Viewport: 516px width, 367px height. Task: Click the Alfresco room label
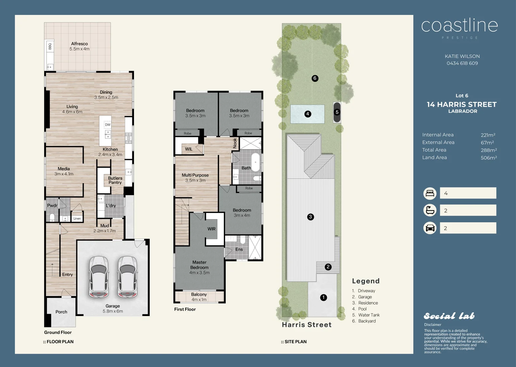point(80,44)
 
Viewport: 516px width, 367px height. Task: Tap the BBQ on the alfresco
point(50,47)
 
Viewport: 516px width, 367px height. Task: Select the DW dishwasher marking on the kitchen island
point(107,124)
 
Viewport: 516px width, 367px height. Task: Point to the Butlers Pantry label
point(115,180)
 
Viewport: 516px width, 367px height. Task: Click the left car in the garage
point(99,277)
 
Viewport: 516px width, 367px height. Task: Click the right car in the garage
point(128,277)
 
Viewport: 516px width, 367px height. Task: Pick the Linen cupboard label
point(77,219)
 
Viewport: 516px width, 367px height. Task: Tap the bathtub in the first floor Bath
point(255,162)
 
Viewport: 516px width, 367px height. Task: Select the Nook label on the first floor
point(235,143)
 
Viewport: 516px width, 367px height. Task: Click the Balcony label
point(199,294)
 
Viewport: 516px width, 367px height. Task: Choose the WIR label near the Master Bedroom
point(212,229)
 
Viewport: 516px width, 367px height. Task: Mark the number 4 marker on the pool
point(308,114)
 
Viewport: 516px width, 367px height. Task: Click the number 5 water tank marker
point(337,112)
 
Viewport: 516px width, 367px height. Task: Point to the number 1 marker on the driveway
point(323,298)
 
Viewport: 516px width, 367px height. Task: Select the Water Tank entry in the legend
point(369,315)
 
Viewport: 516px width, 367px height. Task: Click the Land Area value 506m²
point(488,158)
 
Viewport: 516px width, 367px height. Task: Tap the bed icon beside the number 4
point(430,193)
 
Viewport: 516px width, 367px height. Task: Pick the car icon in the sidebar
point(430,228)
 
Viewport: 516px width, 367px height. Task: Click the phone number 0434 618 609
point(462,63)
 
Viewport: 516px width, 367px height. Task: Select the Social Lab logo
point(449,316)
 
